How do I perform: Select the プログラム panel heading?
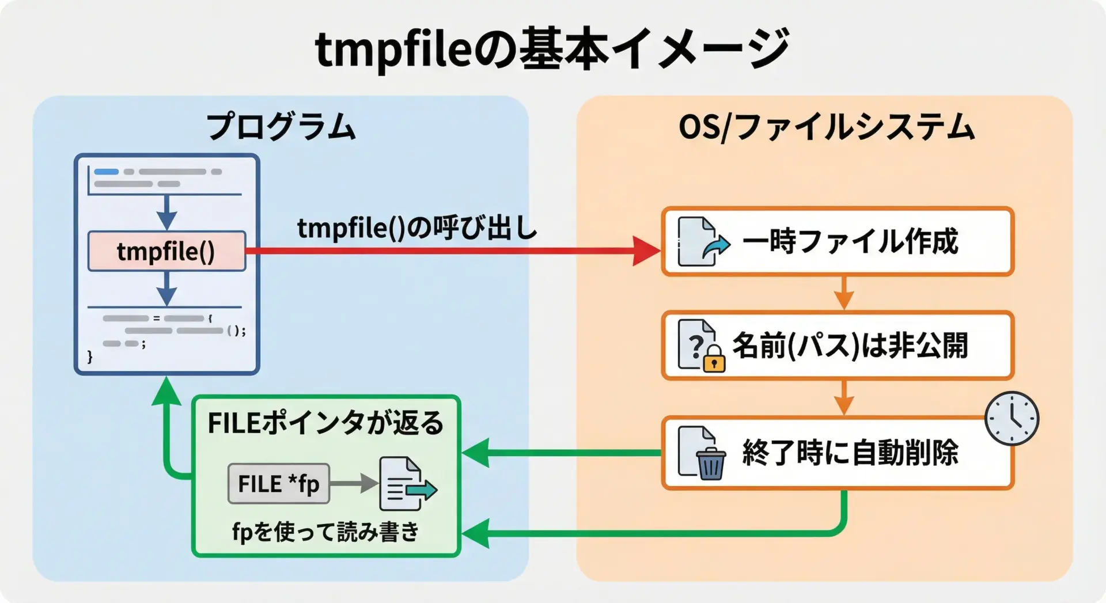(x=281, y=127)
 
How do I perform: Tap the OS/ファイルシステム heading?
(x=825, y=127)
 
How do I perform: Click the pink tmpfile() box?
(x=166, y=251)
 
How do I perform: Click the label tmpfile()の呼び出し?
(x=416, y=228)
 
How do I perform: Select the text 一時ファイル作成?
(x=850, y=241)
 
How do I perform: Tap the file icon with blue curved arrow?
(x=701, y=241)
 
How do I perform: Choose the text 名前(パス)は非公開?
(x=850, y=346)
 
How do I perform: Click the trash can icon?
(x=710, y=463)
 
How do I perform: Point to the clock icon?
(x=1012, y=419)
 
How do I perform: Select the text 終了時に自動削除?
(x=850, y=453)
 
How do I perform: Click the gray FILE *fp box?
(x=279, y=484)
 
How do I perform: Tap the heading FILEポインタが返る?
(x=325, y=423)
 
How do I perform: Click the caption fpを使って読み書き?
(x=325, y=532)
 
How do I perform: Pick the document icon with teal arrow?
(x=405, y=484)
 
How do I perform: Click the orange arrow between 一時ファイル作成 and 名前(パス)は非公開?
(x=843, y=293)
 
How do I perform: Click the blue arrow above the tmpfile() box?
(x=166, y=213)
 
